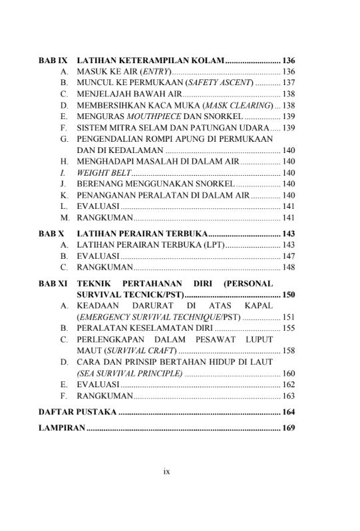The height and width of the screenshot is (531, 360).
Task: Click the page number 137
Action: click(288, 83)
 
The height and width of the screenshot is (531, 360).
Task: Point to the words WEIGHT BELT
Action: click(99, 172)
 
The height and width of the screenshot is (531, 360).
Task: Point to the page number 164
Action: click(288, 413)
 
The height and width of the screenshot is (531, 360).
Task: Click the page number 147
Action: click(288, 256)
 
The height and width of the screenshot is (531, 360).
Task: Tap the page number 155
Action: click(288, 328)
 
